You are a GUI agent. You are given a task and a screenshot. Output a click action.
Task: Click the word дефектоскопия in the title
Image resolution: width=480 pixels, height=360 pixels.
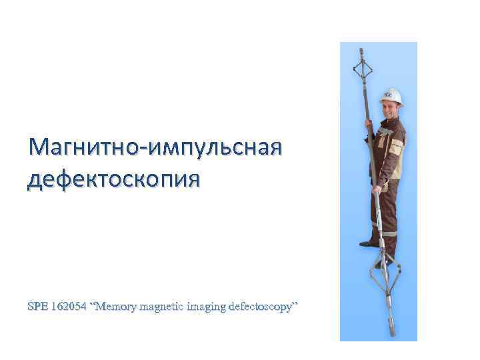coord(113,179)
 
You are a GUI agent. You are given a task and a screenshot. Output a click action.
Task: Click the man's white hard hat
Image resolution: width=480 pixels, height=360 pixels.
coord(391,95)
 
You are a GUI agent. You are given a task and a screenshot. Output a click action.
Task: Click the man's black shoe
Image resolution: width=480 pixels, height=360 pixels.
coord(369,243)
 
